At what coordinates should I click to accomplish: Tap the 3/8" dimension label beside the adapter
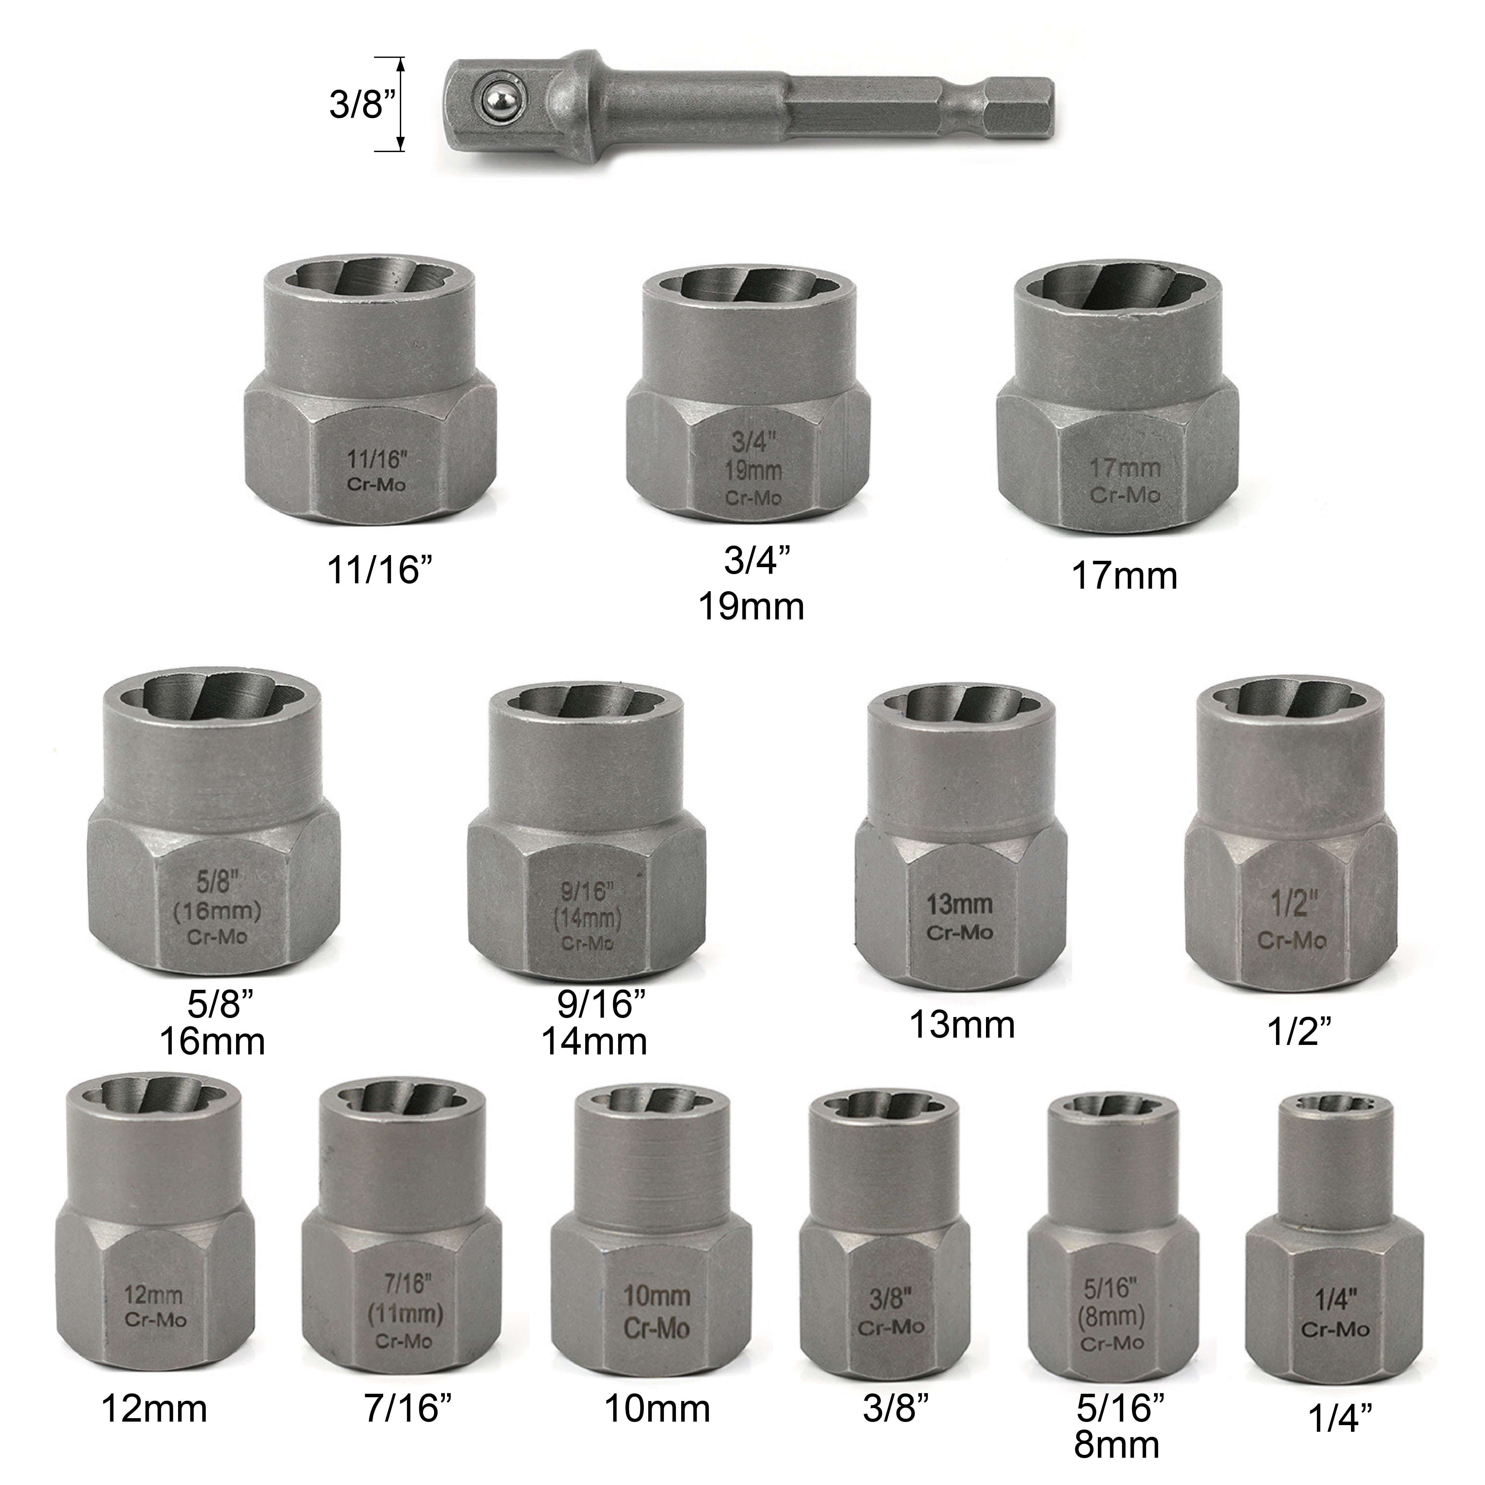[356, 103]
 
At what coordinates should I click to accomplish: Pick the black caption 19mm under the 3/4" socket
[751, 607]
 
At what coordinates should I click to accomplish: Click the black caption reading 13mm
[962, 1025]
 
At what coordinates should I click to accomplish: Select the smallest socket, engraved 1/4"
[1335, 1241]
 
